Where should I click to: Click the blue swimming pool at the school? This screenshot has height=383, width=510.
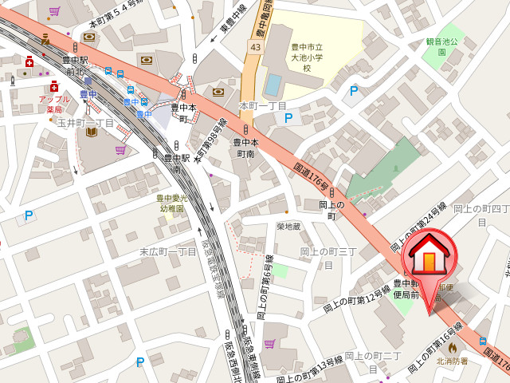coord(273,83)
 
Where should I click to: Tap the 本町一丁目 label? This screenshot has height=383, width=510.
coord(262,105)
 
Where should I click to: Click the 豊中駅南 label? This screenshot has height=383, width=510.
coord(175,163)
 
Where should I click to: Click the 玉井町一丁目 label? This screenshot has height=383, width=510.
coord(85,123)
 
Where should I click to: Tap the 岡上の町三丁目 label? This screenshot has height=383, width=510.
coord(328,257)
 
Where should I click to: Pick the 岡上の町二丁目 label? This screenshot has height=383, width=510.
coord(372,361)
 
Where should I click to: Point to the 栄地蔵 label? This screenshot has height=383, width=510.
coord(288,227)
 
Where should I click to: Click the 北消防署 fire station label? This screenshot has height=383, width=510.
coord(452,361)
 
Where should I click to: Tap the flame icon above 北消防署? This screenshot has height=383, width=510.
coord(452,348)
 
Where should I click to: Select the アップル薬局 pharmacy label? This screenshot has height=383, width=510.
coord(54,104)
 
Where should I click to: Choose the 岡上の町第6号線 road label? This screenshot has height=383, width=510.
coord(265,287)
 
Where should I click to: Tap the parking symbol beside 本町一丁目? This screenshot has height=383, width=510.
coord(288,118)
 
